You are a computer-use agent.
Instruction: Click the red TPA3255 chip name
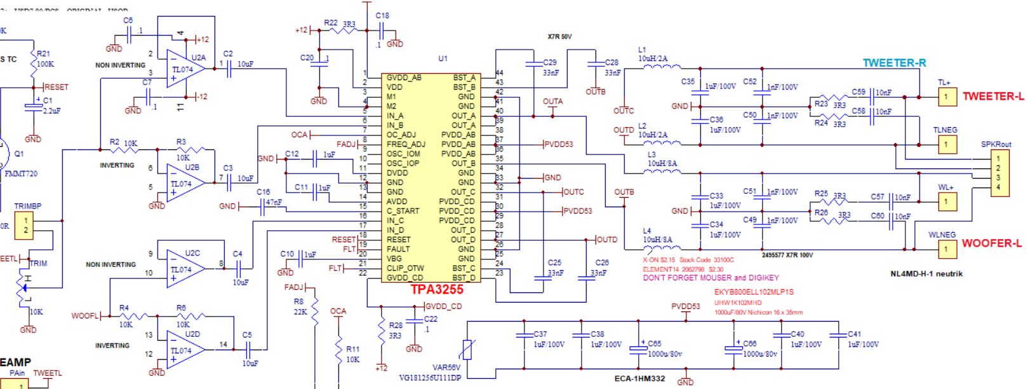(437, 289)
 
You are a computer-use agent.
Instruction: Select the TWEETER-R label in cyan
(893, 63)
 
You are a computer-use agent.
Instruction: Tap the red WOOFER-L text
(991, 243)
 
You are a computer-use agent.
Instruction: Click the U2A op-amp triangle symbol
(185, 69)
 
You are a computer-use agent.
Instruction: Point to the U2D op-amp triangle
(185, 350)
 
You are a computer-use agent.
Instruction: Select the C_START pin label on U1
(403, 211)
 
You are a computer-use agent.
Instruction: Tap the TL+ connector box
(947, 97)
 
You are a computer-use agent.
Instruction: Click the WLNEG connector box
(946, 249)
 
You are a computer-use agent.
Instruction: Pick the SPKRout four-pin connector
(999, 173)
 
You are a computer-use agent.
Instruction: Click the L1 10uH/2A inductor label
(652, 54)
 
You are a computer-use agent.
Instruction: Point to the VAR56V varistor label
(446, 367)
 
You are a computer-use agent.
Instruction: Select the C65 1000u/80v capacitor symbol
(638, 348)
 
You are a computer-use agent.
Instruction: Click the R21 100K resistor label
(44, 59)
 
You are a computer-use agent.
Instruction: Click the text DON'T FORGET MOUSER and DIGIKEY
(711, 278)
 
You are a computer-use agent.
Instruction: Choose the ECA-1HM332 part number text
(639, 379)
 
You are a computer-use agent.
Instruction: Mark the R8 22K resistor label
(300, 307)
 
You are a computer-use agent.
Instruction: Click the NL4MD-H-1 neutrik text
(926, 274)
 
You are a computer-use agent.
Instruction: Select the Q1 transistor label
(19, 154)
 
